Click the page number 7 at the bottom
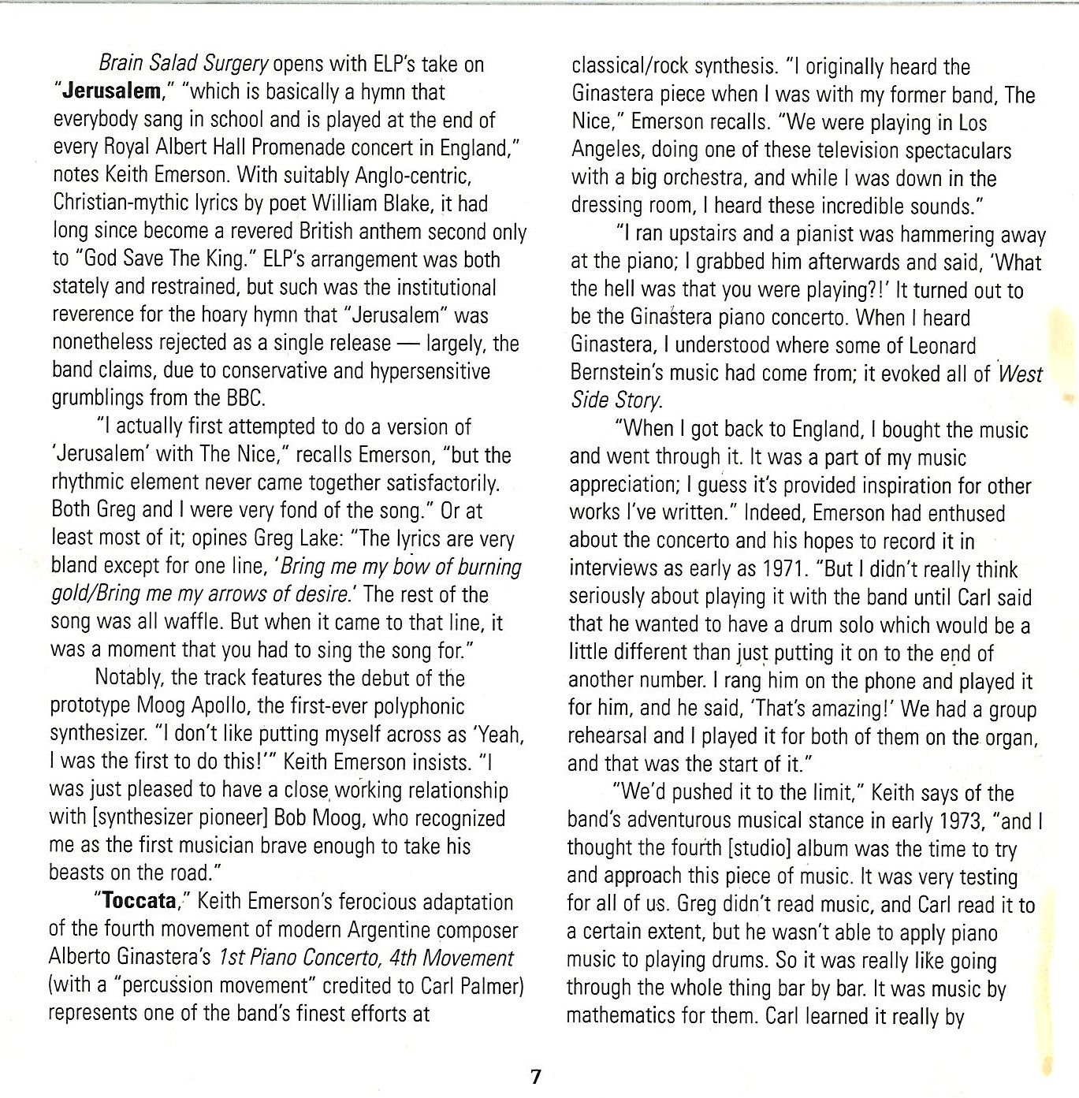pyautogui.click(x=536, y=1076)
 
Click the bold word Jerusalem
pyautogui.click(x=110, y=91)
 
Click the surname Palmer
pyautogui.click(x=486, y=986)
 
